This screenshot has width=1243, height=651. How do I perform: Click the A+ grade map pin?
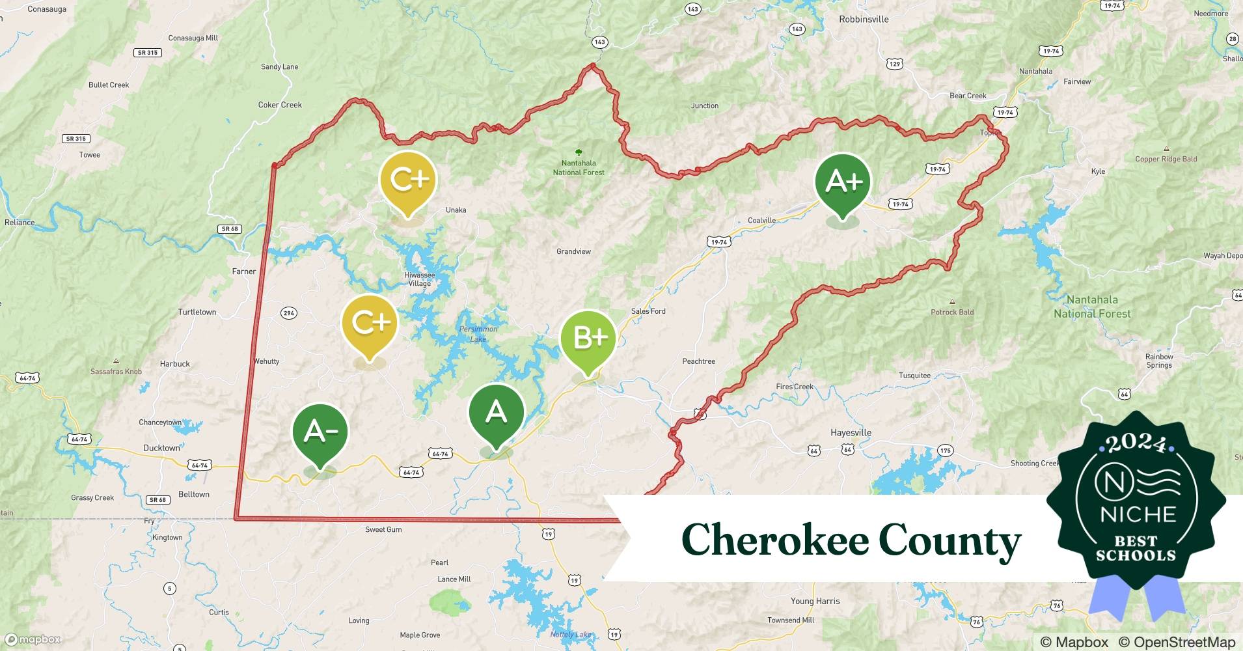pyautogui.click(x=843, y=182)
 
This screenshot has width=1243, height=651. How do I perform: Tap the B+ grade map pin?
pyautogui.click(x=588, y=339)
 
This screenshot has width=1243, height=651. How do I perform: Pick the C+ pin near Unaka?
pyautogui.click(x=408, y=180)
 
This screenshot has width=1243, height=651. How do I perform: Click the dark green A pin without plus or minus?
pyautogui.click(x=496, y=413)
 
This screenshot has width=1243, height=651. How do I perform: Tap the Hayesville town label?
pyautogui.click(x=851, y=433)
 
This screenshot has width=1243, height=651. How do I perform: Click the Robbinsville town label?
pyautogui.click(x=864, y=20)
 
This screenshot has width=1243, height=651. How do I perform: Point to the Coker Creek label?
pyautogui.click(x=280, y=105)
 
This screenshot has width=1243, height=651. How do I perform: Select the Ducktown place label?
pyautogui.click(x=161, y=448)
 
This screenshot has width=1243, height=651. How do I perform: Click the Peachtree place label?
pyautogui.click(x=698, y=361)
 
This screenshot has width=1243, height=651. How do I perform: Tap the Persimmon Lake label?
pyautogui.click(x=478, y=334)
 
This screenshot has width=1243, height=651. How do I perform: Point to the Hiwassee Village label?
pyautogui.click(x=419, y=279)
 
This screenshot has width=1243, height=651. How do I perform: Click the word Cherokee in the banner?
pyautogui.click(x=774, y=540)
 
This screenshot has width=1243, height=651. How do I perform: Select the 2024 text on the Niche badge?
pyautogui.click(x=1136, y=443)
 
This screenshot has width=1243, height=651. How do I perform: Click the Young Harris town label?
pyautogui.click(x=815, y=602)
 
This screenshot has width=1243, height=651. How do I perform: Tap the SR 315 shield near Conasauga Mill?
pyautogui.click(x=148, y=53)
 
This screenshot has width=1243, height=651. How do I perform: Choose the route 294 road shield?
pyautogui.click(x=289, y=313)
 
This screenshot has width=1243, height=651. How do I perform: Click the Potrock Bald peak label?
pyautogui.click(x=952, y=312)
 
